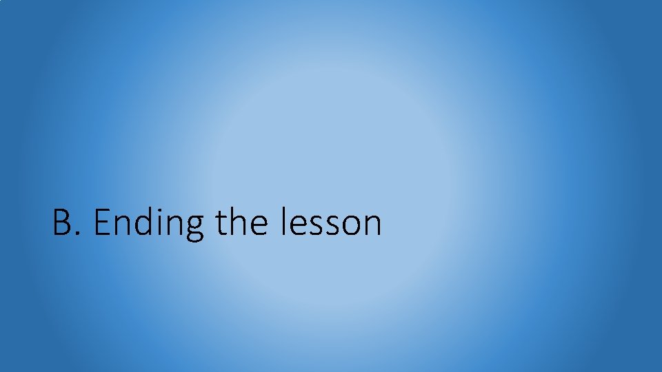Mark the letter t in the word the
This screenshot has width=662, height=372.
click(220, 224)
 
